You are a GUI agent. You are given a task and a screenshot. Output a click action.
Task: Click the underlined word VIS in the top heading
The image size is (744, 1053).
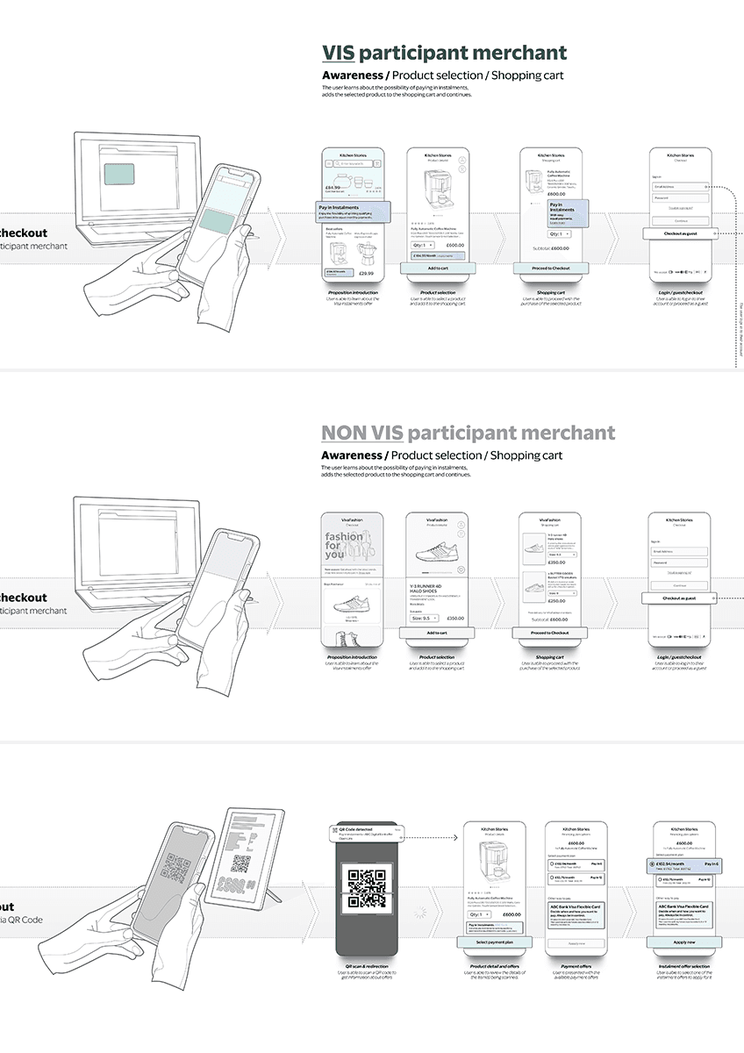tap(338, 53)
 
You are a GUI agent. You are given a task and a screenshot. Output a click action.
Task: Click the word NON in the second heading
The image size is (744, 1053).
tap(340, 432)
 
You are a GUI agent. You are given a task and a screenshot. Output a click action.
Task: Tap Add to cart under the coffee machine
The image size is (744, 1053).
tap(438, 269)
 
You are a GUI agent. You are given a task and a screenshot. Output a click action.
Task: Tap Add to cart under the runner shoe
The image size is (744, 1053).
tap(438, 633)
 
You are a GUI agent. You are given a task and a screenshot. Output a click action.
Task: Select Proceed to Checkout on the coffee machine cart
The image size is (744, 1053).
tap(550, 269)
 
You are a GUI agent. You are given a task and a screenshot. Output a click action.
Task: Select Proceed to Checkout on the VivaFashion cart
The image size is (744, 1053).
tap(550, 633)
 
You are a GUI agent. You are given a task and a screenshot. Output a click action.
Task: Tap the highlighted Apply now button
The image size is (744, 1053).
tap(684, 942)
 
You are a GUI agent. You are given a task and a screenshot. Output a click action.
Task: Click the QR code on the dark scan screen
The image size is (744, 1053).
tap(367, 887)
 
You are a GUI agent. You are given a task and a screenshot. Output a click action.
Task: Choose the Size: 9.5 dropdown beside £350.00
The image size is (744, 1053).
tap(425, 618)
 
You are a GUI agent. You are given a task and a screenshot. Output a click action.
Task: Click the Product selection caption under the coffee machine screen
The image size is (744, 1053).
tap(438, 292)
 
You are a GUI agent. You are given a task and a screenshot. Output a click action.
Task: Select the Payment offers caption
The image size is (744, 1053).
tap(576, 966)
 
